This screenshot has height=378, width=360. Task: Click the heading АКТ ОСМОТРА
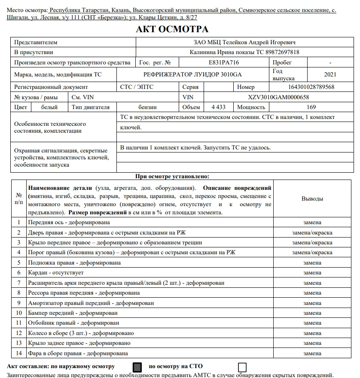coord(172,29)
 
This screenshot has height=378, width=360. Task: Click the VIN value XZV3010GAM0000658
coord(278,97)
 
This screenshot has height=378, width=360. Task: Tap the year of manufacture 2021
coord(330,74)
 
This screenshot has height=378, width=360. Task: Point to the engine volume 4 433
coord(218,107)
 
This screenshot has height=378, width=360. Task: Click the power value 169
coord(311,107)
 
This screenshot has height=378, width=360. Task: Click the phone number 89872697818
coord(279,52)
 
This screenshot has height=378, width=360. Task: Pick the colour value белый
coord(49,107)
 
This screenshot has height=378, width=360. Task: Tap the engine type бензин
coord(147,107)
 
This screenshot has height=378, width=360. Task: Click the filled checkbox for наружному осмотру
coord(137,367)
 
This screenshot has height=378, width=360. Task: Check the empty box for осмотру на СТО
coord(242,367)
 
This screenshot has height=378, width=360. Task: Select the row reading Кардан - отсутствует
coord(56,273)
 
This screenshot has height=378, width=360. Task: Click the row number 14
coord(18,354)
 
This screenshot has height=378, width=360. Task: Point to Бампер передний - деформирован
coord(73,313)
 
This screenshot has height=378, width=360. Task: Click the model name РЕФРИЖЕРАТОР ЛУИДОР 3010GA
coord(192,74)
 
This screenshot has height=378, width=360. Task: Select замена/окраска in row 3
coord(312,243)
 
